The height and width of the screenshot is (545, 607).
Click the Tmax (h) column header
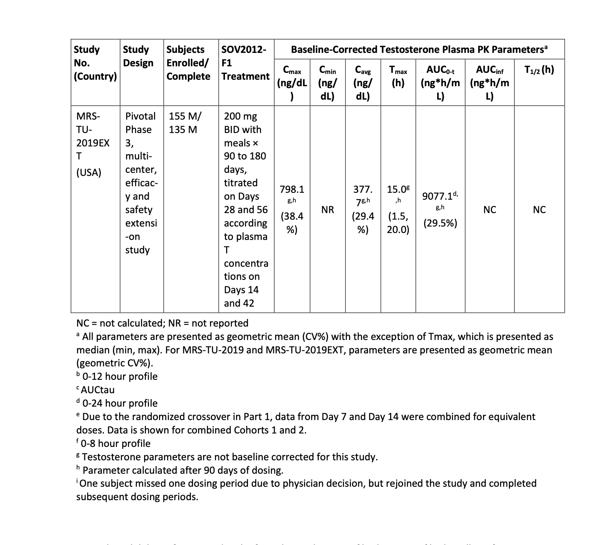coord(398,76)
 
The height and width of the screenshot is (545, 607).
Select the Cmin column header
coord(328,82)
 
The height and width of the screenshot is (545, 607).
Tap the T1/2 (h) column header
coord(539,70)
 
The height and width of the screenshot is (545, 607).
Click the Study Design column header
coord(138,56)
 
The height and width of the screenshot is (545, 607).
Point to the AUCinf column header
coord(489,82)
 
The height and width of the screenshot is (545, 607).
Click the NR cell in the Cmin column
coord(328,210)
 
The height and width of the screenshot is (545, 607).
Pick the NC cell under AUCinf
coord(489,210)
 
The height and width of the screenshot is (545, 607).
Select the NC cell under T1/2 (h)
coord(539,210)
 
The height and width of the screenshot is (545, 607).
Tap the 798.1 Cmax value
coord(292,189)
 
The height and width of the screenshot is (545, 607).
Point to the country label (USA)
coord(89,172)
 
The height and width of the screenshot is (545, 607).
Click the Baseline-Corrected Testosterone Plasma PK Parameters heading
coord(419,49)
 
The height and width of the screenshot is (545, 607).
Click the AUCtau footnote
coord(97,390)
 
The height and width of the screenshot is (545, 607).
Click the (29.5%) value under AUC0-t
coord(440,223)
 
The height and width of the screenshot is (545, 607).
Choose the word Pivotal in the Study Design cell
coord(140,116)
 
